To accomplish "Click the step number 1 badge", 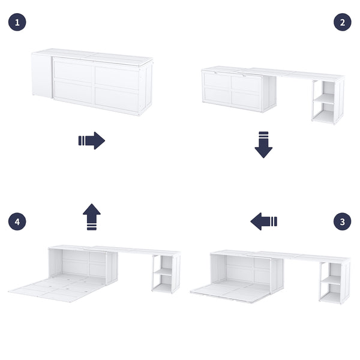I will point(17,23).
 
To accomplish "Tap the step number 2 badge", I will point(343,23).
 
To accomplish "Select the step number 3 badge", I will point(343,221).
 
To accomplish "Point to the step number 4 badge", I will point(17,221).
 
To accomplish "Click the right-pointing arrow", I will point(92,141).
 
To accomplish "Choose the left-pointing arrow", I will point(263,221).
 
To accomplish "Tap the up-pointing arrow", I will point(92,217).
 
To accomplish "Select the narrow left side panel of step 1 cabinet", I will point(42,76).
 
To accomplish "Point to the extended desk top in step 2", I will point(300,74).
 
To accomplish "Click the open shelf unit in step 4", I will point(166,272).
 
